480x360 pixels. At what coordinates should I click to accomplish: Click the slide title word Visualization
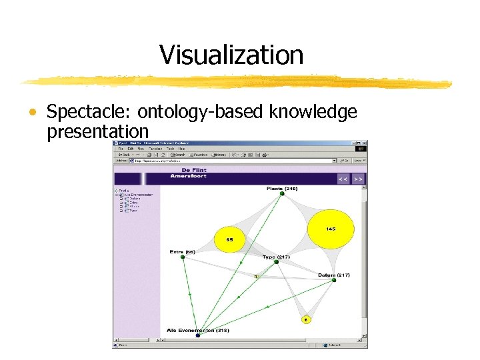(231, 55)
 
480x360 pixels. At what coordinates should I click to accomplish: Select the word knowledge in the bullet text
(313, 113)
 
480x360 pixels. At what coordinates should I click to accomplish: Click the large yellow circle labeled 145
(331, 229)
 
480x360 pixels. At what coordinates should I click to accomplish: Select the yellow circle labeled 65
(230, 239)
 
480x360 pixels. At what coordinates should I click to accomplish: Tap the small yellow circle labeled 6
(306, 320)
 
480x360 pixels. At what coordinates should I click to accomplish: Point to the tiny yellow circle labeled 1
(256, 275)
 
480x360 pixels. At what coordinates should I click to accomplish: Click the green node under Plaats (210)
(282, 194)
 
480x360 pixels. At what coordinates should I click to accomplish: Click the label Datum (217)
(334, 275)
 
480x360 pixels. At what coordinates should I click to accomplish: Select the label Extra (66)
(182, 252)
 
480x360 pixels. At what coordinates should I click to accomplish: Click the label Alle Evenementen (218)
(198, 330)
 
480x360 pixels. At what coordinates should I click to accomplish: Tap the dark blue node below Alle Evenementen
(198, 335)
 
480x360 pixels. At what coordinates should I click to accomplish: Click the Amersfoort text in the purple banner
(188, 176)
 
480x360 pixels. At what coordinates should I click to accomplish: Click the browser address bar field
(233, 161)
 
